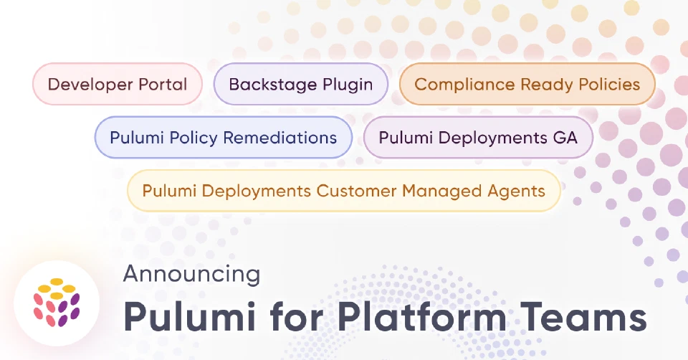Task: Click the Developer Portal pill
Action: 118,84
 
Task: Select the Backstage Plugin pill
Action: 301,84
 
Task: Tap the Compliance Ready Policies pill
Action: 527,84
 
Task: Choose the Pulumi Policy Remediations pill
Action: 224,138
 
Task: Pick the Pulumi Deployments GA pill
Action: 478,138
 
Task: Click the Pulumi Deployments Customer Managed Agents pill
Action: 344,191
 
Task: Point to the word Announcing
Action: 192,274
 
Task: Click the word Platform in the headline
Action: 422,317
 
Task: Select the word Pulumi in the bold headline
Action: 189,317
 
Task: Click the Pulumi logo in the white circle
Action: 57,303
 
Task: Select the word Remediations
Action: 280,138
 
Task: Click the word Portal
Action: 163,84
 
